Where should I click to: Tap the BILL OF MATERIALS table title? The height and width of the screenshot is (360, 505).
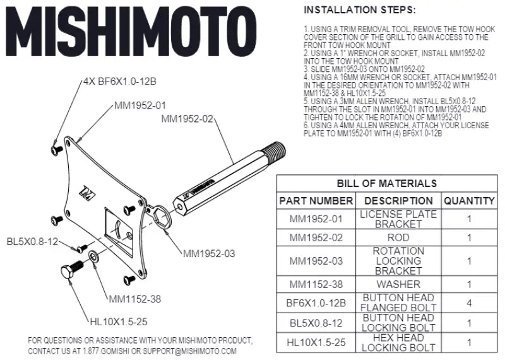tap(386, 184)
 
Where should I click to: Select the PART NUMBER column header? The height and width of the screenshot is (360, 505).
tap(316, 201)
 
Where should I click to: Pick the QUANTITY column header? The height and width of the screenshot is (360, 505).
tap(468, 201)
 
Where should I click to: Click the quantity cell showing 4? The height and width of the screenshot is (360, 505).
tap(468, 303)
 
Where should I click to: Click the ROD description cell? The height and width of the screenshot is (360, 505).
tap(398, 238)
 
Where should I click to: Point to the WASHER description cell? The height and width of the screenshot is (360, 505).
tap(398, 284)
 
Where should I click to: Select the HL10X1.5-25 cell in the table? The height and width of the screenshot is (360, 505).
tap(316, 342)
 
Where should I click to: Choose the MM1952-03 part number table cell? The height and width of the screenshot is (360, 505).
tap(316, 261)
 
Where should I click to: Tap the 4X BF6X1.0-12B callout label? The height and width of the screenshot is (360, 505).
tap(119, 81)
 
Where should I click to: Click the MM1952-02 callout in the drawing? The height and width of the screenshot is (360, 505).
tap(187, 119)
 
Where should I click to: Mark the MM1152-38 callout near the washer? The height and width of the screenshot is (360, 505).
tap(135, 299)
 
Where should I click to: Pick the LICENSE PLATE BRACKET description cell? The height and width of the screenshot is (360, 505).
tap(398, 219)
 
